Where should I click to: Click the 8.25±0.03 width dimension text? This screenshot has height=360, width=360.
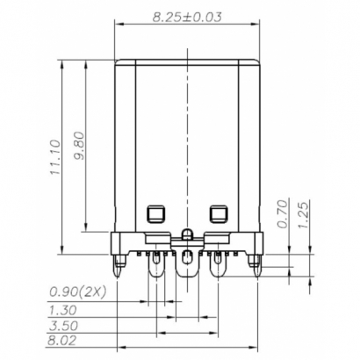pyautogui.click(x=187, y=17)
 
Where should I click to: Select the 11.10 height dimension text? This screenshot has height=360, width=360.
pyautogui.click(x=54, y=157)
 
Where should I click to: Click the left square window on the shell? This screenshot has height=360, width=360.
pyautogui.click(x=155, y=212)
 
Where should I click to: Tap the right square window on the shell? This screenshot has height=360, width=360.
pyautogui.click(x=219, y=212)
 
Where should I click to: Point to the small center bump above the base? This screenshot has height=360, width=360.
pyautogui.click(x=187, y=234)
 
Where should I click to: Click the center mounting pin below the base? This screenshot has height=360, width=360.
pyautogui.click(x=187, y=262)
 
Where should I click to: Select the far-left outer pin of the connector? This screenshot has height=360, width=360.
pyautogui.click(x=118, y=261)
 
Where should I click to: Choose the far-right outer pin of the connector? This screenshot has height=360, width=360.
pyautogui.click(x=256, y=261)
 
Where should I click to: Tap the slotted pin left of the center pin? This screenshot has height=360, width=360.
pyautogui.click(x=156, y=262)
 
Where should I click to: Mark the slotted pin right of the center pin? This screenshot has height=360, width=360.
pyautogui.click(x=218, y=262)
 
